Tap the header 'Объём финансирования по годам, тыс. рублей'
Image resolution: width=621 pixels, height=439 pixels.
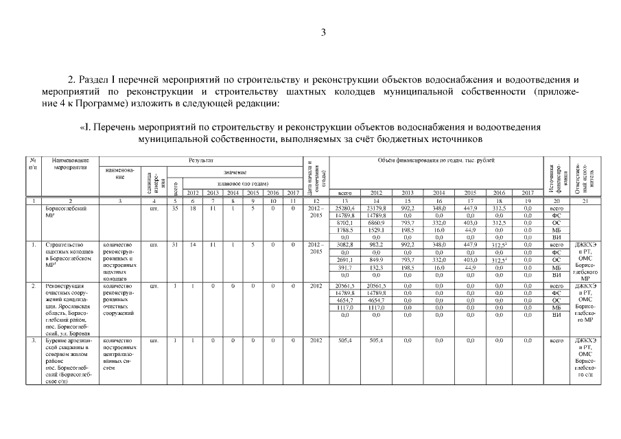point(436,160)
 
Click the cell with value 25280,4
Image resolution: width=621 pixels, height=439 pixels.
point(345,207)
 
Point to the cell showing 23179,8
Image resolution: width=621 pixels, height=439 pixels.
point(376,207)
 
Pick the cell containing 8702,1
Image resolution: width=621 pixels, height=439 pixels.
point(345,222)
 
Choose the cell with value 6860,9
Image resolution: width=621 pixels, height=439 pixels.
point(376,222)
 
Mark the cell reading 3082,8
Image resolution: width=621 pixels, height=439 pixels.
point(345,244)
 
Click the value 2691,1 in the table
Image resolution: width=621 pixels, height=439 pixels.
point(345,259)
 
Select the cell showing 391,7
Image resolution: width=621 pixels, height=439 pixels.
point(345,267)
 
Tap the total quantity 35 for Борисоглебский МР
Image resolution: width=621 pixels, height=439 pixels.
point(175,207)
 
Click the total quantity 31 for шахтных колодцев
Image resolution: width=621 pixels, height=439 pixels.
point(175,244)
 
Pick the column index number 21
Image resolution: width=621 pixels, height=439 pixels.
point(585,200)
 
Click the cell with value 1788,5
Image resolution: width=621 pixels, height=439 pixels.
point(345,230)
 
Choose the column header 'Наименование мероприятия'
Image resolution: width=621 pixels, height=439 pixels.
point(66,164)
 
